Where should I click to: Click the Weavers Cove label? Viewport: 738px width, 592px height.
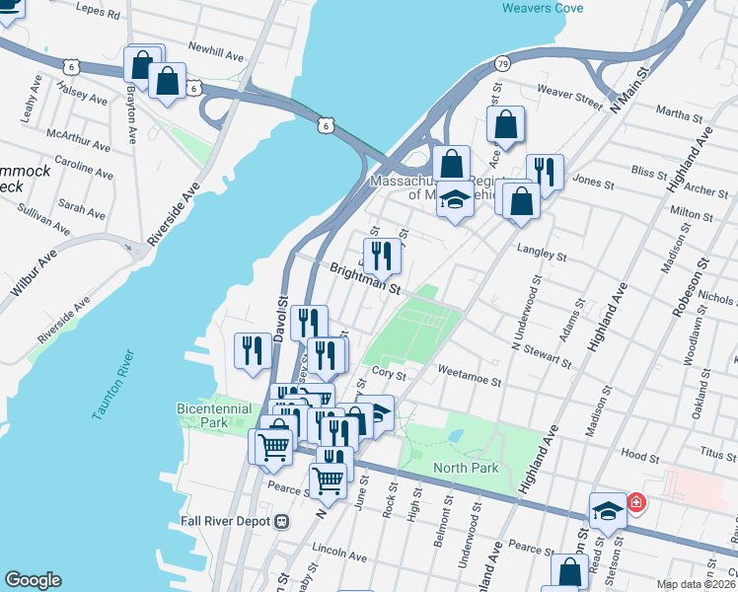coord(542,7)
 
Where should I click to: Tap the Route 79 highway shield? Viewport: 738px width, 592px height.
coord(502,64)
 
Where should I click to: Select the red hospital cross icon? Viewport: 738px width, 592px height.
coord(636,502)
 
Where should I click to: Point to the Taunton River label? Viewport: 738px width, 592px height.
coord(111,385)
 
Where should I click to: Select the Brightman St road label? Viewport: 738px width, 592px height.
coord(364,278)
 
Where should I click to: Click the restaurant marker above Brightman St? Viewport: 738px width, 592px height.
coord(382,257)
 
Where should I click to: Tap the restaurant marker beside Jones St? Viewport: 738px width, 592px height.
coord(544,172)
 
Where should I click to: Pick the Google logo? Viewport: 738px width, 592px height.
coord(33,580)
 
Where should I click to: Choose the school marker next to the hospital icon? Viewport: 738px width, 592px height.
coord(608,510)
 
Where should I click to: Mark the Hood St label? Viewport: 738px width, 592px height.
coord(640,457)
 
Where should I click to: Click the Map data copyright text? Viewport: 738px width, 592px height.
coord(696,584)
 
